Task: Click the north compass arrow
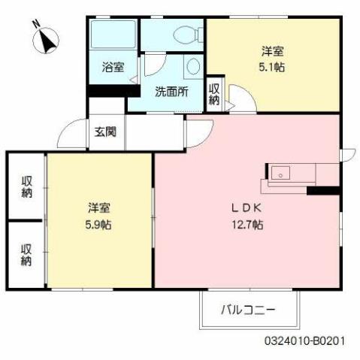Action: coord(47,39)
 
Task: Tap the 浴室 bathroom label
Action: coord(113,66)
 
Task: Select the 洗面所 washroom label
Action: coord(171,92)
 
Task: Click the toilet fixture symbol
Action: coord(188,34)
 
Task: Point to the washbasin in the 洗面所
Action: coord(194,66)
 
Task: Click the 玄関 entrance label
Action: coord(105,132)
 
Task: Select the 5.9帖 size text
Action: coord(99,224)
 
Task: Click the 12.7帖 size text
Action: coord(247,224)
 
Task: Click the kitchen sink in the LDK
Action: coord(280,172)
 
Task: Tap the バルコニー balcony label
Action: coord(248,309)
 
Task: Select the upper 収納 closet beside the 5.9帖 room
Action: coord(27,186)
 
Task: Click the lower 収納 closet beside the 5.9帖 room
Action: coord(27,255)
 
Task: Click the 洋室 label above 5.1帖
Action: coord(273,51)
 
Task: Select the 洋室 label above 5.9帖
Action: coord(99,207)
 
